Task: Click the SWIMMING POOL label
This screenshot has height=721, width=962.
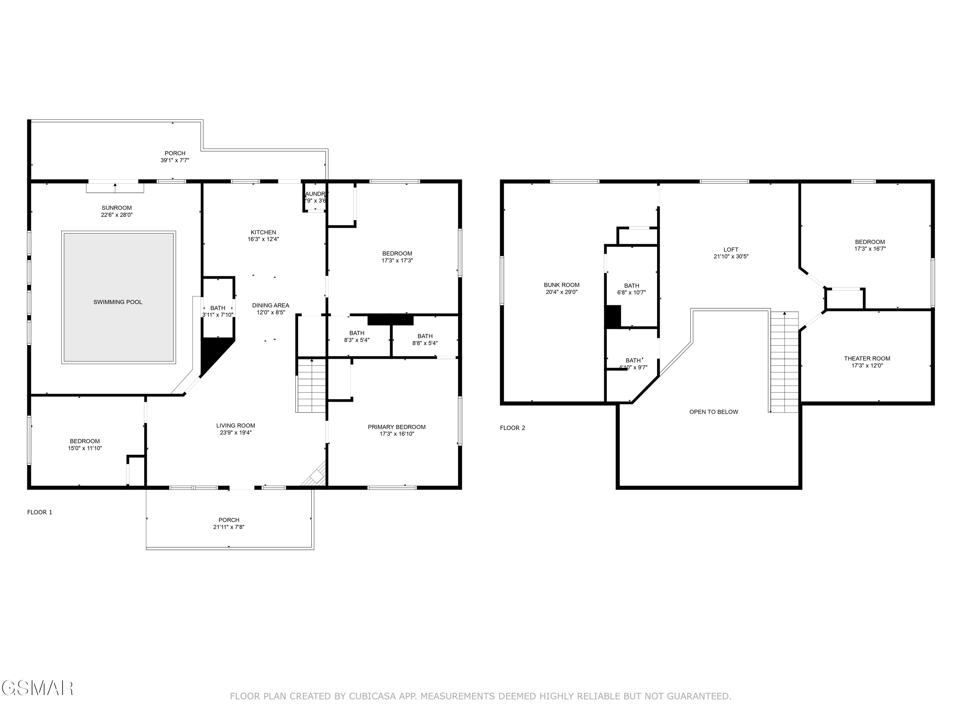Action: tap(118, 302)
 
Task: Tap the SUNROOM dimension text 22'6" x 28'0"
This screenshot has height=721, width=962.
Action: tap(116, 215)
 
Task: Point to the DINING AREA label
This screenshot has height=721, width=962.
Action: tap(271, 305)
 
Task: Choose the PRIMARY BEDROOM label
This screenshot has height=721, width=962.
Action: tap(397, 427)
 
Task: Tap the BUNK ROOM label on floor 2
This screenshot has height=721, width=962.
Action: tap(561, 285)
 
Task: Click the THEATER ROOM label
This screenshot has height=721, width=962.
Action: tap(867, 359)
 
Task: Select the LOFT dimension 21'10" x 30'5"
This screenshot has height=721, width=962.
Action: tap(730, 256)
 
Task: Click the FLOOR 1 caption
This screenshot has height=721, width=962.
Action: tap(39, 512)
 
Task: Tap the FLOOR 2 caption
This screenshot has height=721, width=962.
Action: tap(512, 428)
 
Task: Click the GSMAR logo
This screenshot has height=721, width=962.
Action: tap(37, 688)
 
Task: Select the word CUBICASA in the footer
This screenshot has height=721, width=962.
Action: tap(372, 696)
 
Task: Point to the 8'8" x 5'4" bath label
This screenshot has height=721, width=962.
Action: tap(425, 343)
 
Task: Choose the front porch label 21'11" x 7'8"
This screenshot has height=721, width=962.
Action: tap(229, 527)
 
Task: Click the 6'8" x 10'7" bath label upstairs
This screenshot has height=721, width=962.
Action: tap(631, 293)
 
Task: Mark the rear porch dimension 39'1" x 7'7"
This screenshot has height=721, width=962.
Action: tap(175, 160)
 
